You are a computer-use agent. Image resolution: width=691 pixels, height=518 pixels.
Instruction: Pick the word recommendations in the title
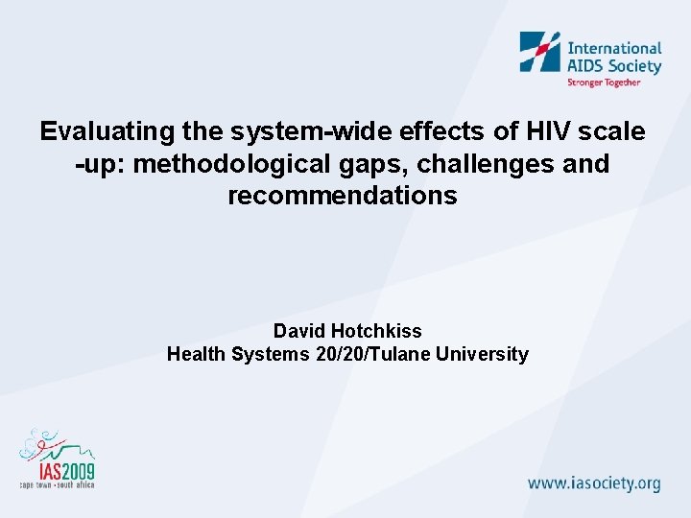(343, 196)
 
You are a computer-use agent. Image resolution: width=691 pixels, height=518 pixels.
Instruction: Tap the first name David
(298, 331)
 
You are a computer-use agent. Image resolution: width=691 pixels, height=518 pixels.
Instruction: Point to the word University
(482, 354)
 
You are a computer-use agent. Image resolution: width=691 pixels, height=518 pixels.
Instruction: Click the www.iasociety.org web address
(595, 483)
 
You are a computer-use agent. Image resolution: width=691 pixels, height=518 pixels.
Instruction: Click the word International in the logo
(615, 47)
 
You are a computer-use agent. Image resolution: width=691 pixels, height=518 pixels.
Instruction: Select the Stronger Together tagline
(604, 82)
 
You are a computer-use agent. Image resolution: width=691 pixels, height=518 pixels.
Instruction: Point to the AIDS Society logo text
(615, 65)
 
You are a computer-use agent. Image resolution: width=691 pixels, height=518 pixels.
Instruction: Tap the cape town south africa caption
(58, 486)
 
